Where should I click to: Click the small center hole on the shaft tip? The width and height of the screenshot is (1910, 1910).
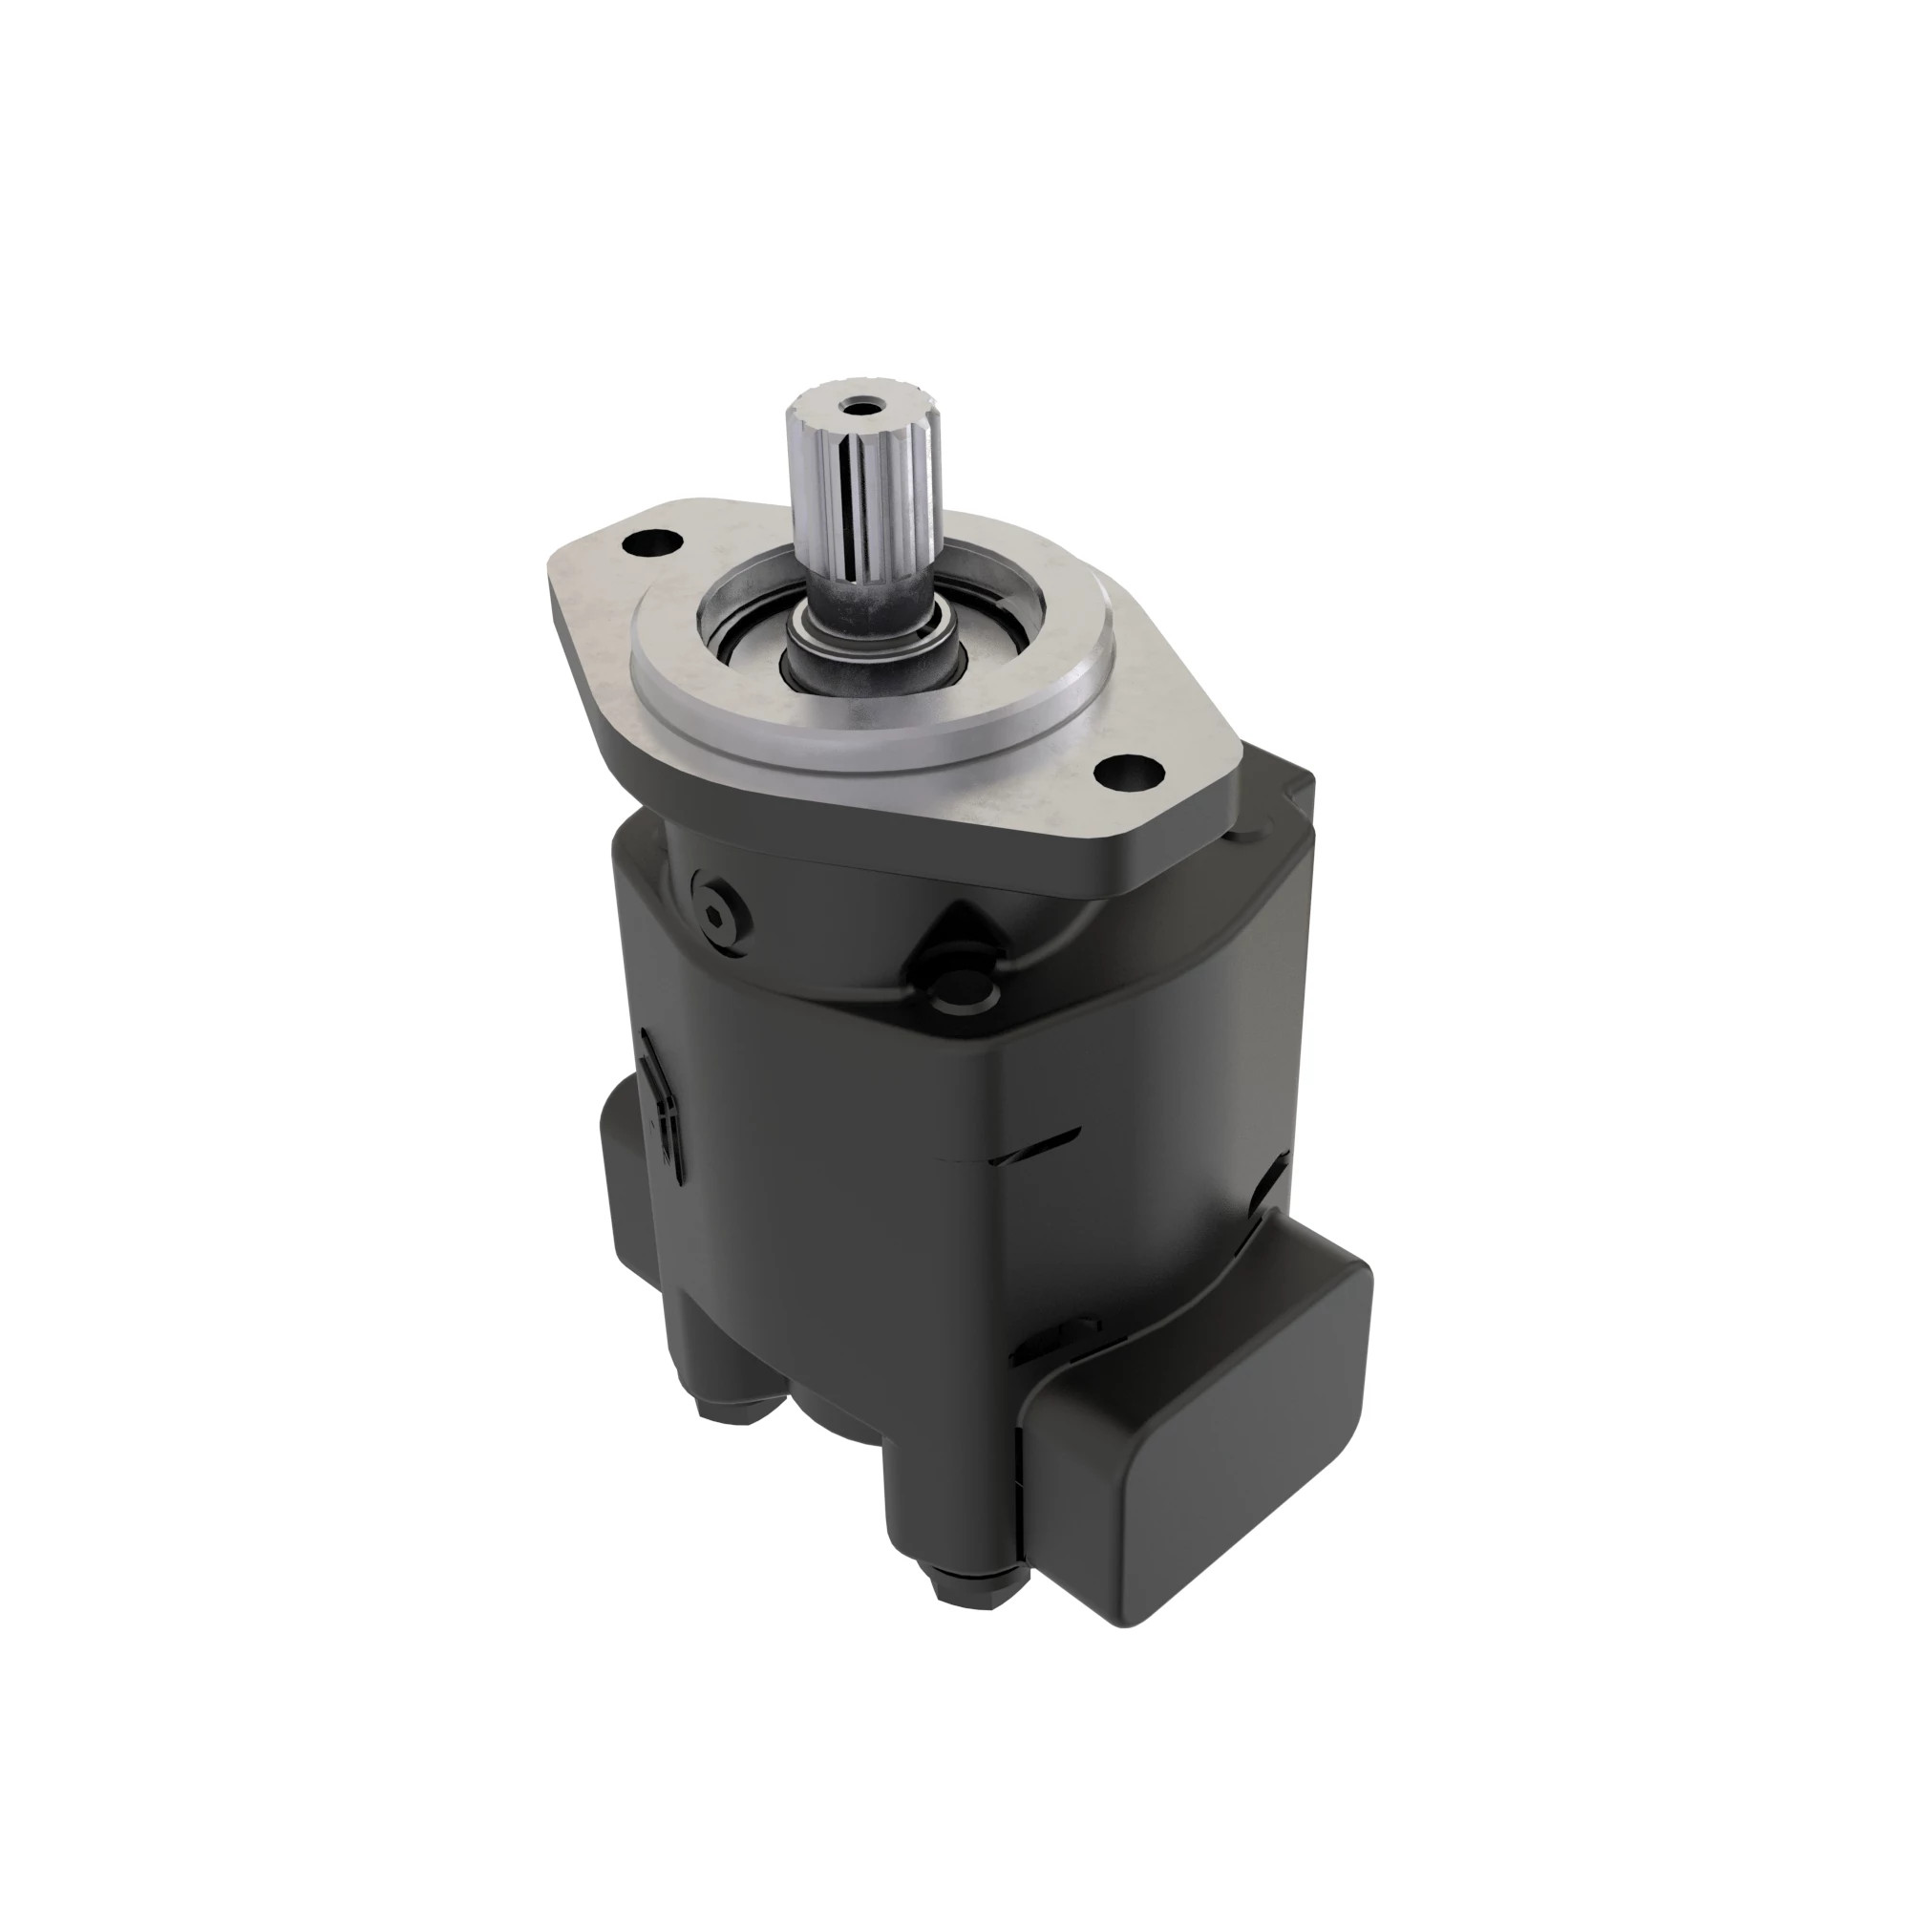(x=851, y=406)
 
